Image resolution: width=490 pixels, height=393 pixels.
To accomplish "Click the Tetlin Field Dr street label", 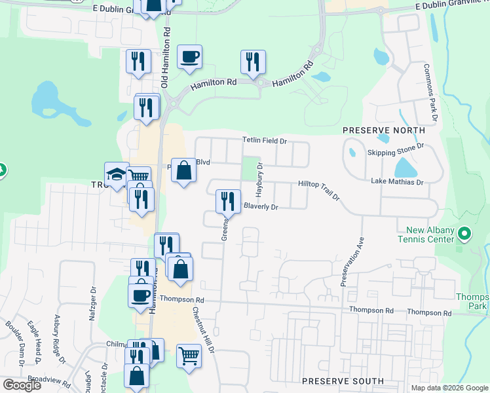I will pos(265,140).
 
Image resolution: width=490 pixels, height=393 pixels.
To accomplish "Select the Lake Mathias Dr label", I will pos(397,181).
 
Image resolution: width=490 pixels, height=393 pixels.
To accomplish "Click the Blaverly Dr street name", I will pos(261,207).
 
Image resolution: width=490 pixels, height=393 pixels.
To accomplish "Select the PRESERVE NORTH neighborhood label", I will pos(375,131).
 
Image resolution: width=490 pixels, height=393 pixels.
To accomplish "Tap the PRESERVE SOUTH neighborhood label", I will pos(343,381).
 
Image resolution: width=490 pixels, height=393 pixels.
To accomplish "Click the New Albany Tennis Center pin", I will pos(464,233).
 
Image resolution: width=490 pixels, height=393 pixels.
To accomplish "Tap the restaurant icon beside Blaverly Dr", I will pos(227,200).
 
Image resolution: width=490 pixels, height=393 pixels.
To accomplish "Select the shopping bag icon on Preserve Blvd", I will pos(183,170).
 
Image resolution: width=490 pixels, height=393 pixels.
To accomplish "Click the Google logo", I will pos(22,385).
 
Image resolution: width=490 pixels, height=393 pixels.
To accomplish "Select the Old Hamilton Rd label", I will pos(166,58).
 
